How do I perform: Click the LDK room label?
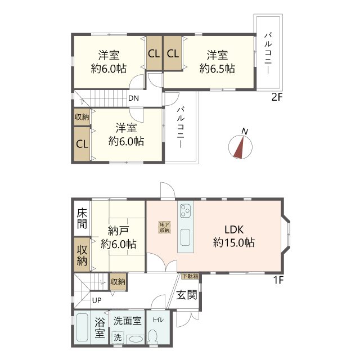coord(234,229)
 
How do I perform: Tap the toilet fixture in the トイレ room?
coord(152,337)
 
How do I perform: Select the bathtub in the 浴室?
coord(82,327)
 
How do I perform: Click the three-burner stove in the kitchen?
coord(185,210)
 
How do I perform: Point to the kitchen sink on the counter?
coord(185,237)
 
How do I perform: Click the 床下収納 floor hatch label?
coord(165,227)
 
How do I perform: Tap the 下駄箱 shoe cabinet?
coord(190,276)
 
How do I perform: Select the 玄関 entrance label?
coord(187,295)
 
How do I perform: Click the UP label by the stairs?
coord(97,300)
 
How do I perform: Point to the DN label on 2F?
coord(133,98)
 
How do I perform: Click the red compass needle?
coord(239,147)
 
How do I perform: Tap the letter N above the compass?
coord(245,132)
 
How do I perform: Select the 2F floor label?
coord(277,97)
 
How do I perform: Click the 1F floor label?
coord(278,280)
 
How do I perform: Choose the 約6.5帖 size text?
coord(217,69)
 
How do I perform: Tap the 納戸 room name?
coord(118,231)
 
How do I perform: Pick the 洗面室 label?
coord(128,321)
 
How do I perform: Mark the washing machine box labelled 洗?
coord(118,337)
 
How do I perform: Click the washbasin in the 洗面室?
coord(135,339)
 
